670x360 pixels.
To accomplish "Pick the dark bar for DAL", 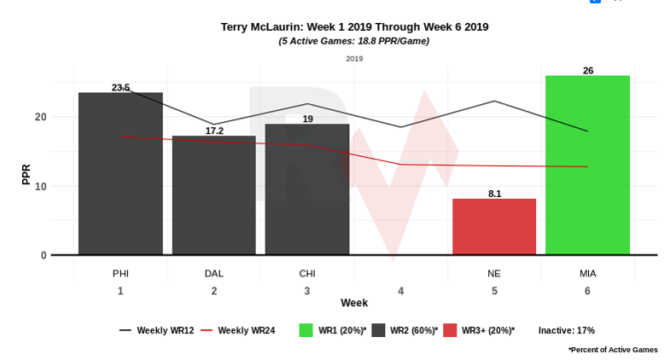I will click(214, 195).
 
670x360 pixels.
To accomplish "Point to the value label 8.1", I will click(494, 194).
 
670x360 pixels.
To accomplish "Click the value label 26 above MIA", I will click(587, 71).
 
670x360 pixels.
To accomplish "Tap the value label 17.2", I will click(214, 131).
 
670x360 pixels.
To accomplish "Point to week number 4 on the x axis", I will click(400, 291).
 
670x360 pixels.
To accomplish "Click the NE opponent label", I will click(494, 273).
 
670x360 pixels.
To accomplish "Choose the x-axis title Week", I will click(354, 304).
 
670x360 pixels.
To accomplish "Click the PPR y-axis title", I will click(26, 174).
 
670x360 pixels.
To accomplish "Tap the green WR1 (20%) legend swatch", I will click(306, 330).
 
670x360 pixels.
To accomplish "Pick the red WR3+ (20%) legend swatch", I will click(450, 330).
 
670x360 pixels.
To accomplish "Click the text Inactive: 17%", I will click(566, 330).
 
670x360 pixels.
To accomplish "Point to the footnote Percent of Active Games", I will click(613, 350).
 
